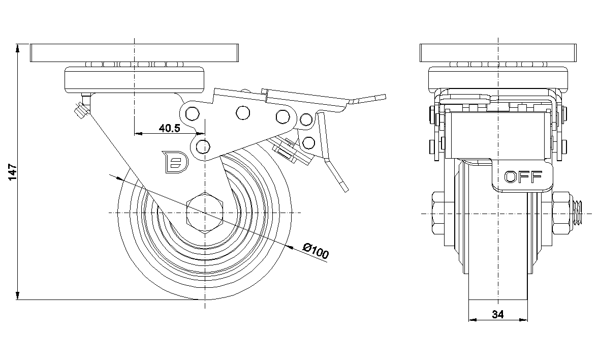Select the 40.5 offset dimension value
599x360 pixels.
coord(169,128)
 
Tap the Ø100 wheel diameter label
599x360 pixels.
coord(316,251)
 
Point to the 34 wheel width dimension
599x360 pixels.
coord(497,315)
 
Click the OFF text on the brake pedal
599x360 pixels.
coord(523,176)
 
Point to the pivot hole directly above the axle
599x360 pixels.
coord(203,147)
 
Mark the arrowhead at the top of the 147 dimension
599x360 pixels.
coord(18,48)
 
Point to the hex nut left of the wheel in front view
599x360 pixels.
coord(438,213)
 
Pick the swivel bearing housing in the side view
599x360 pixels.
coord(134,79)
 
